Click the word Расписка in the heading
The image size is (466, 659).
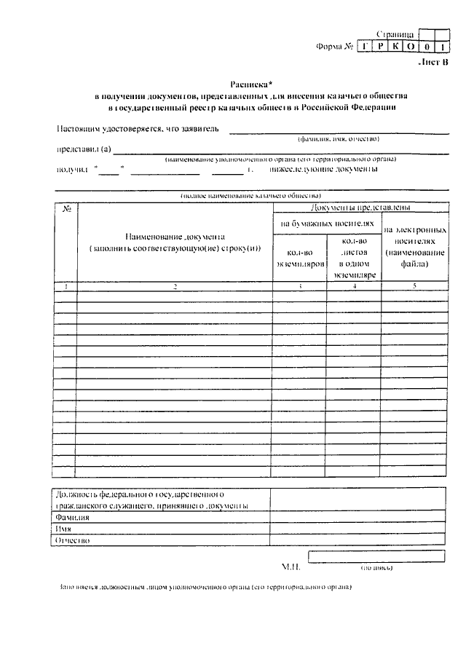point(239,84)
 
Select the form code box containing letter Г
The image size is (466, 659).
point(365,47)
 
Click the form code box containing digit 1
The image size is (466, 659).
point(441,47)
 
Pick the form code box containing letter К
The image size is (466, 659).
point(395,47)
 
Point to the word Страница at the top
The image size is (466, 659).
point(396,33)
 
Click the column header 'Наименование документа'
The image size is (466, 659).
point(175,237)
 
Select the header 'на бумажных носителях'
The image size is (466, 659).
point(327,224)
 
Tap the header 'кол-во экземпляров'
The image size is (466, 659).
point(299,259)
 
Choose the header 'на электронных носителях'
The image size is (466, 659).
point(414,246)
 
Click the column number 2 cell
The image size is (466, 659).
point(175,287)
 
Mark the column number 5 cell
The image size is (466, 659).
point(414,287)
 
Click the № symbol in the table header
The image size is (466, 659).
point(66,210)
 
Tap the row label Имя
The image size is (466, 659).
point(64,529)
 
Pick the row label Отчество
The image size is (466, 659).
point(72,541)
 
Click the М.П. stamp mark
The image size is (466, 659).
point(291,565)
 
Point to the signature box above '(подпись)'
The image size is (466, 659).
point(376,557)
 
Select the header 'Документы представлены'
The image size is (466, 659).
point(360,208)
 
